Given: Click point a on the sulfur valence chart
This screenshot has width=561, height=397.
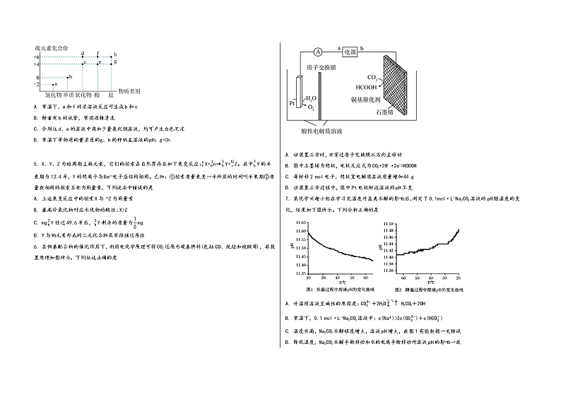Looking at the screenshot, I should tap(55, 84).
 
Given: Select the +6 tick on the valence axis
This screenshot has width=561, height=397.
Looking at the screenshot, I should tap(37, 55).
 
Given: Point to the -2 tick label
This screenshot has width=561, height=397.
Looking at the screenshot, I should tap(36, 84).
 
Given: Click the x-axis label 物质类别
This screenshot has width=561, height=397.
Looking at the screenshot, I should tap(129, 92).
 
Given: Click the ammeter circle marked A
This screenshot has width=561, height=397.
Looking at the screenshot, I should tap(319, 52).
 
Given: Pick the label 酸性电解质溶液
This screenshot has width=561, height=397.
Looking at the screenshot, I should tap(321, 131).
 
